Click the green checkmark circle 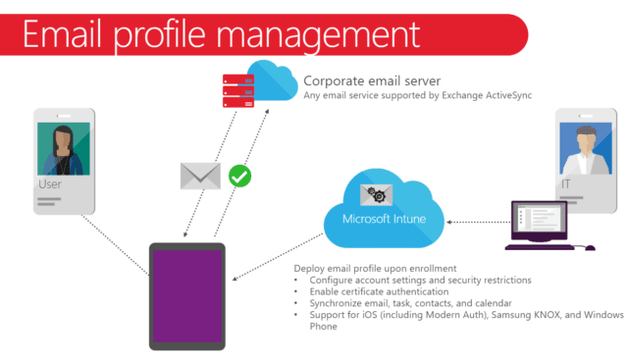(x=239, y=177)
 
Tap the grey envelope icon (x=200, y=176)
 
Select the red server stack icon (x=238, y=91)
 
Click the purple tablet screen (x=187, y=296)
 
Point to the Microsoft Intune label (x=384, y=219)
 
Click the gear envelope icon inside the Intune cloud (x=377, y=195)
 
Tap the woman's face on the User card (x=63, y=143)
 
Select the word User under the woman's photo (x=50, y=184)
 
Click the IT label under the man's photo (x=565, y=184)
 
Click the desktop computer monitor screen (x=539, y=218)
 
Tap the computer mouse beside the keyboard (x=590, y=248)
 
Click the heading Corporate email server (x=372, y=81)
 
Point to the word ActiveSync (x=508, y=95)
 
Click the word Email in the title (x=62, y=35)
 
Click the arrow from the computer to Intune (x=479, y=222)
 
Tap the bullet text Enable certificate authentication (x=379, y=291)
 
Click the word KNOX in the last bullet (x=547, y=315)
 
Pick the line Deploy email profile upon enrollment (x=375, y=269)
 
